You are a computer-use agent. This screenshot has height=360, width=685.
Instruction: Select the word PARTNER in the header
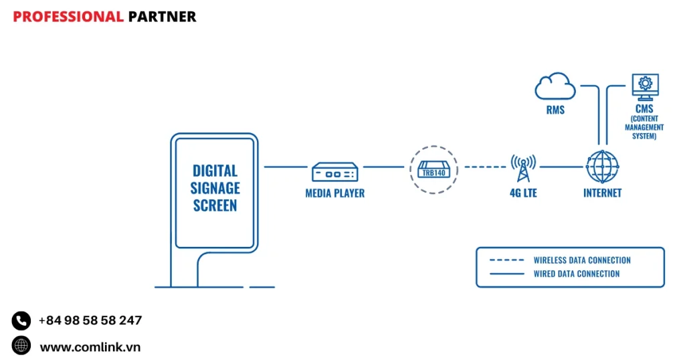pyautogui.click(x=162, y=17)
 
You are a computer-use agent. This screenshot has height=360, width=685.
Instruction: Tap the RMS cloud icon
pyautogui.click(x=555, y=88)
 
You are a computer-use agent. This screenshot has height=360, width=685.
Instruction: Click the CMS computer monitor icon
pyautogui.click(x=645, y=86)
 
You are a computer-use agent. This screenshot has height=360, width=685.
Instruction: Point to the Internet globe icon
pyautogui.click(x=602, y=167)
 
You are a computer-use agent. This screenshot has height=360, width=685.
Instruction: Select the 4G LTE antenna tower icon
pyautogui.click(x=523, y=168)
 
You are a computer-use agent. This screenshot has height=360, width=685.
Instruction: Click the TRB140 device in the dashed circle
pyautogui.click(x=433, y=169)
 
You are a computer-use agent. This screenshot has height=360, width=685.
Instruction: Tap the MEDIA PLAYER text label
pyautogui.click(x=335, y=193)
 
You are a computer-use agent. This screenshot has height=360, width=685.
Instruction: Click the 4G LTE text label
pyautogui.click(x=523, y=193)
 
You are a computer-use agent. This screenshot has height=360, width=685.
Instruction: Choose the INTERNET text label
pyautogui.click(x=602, y=193)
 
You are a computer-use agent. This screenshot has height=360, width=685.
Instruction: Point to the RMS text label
pyautogui.click(x=555, y=110)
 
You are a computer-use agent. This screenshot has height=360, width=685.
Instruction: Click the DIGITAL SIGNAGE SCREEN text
pyautogui.click(x=215, y=188)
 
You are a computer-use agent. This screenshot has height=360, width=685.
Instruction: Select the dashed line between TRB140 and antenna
pyautogui.click(x=484, y=167)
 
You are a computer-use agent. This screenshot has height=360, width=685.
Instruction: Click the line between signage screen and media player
pyautogui.click(x=285, y=167)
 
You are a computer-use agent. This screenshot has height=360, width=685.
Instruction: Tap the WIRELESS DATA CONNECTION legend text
pyautogui.click(x=582, y=260)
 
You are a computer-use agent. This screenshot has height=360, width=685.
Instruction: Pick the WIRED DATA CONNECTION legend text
pyautogui.click(x=576, y=274)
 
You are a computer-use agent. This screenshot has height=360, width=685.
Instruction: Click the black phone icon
pyautogui.click(x=21, y=321)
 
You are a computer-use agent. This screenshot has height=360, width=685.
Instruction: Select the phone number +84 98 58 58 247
pyautogui.click(x=90, y=321)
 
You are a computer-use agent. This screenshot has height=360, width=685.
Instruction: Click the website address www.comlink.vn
pyautogui.click(x=90, y=347)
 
